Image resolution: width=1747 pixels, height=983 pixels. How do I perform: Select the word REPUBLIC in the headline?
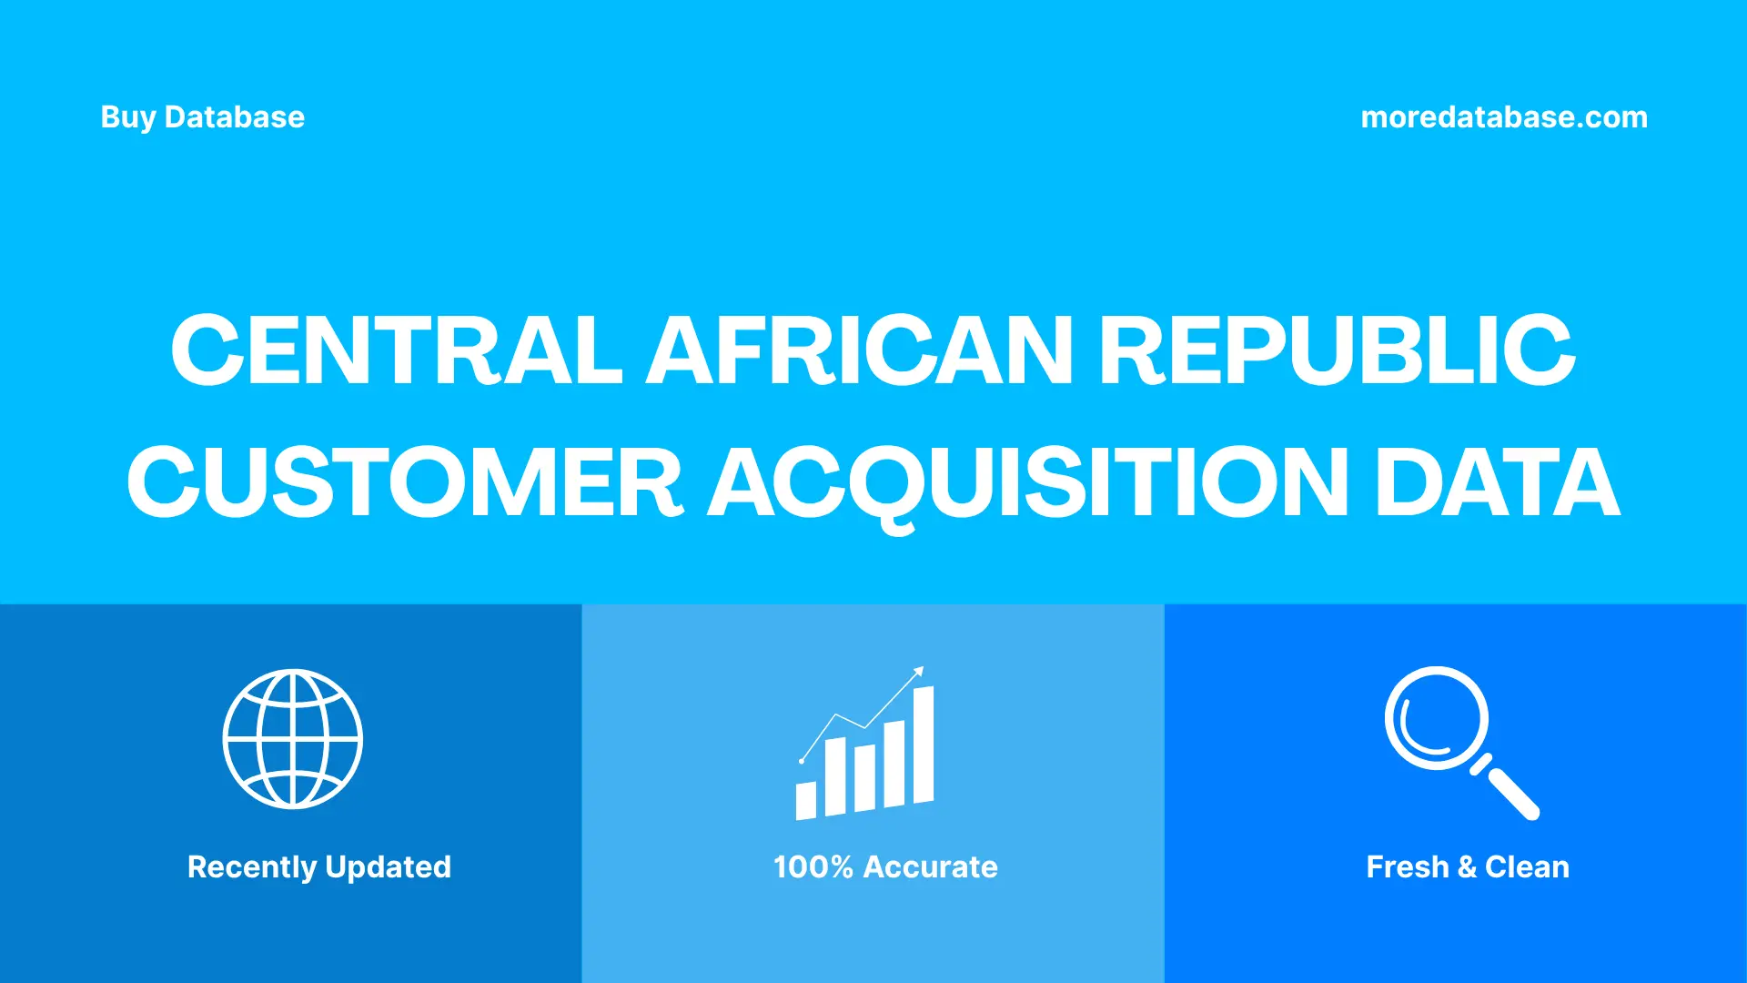(x=1337, y=350)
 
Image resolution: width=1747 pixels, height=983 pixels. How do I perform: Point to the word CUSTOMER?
(x=405, y=482)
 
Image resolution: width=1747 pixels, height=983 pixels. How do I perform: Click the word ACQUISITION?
(x=1028, y=482)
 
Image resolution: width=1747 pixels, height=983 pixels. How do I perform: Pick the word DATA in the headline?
(x=1497, y=482)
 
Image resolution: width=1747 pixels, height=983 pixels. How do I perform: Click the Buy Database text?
(x=202, y=117)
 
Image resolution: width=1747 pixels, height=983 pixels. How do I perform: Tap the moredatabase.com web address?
(x=1503, y=117)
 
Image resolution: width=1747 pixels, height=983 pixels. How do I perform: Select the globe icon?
(x=292, y=739)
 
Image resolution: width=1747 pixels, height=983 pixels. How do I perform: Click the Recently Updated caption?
(x=318, y=866)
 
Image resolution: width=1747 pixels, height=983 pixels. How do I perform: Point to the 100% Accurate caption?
(x=884, y=866)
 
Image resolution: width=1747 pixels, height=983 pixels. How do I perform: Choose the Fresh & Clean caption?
(x=1467, y=866)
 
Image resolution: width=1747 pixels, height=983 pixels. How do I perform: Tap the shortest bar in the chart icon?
(x=805, y=800)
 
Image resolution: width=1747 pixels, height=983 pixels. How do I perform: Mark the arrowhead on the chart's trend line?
(x=919, y=672)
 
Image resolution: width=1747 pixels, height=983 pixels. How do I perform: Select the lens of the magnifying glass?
(x=1436, y=717)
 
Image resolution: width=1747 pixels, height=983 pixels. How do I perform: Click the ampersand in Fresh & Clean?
(x=1466, y=866)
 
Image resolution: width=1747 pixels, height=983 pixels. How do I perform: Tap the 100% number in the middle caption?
(x=813, y=866)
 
